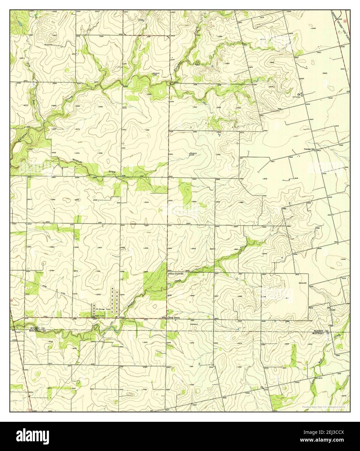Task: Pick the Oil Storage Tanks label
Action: click(103, 309)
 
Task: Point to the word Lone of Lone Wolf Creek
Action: click(313, 379)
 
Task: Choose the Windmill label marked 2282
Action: click(156, 74)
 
